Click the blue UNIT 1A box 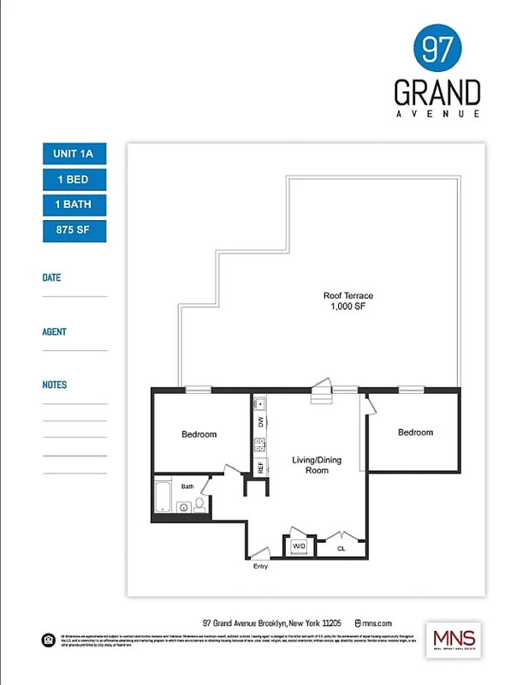point(74,153)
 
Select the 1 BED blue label point(74,179)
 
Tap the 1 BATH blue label point(74,205)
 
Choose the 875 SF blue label point(74,230)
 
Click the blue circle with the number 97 point(437,49)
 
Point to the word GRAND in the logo point(437,92)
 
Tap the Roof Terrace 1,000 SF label point(348,301)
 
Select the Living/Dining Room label point(317,465)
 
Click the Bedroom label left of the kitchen point(199,434)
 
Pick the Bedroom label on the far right point(415,432)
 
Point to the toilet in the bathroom point(199,506)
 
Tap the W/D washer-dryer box point(300,545)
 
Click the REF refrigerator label point(259,468)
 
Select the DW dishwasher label point(259,422)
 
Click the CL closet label point(341,548)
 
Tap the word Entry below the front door point(260,567)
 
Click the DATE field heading point(51,277)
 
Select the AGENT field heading point(54,331)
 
